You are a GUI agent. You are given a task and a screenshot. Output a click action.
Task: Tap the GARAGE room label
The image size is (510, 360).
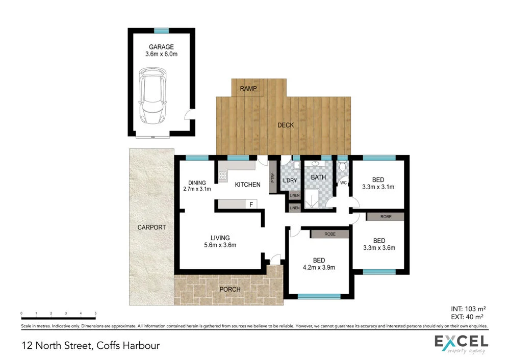click(x=161, y=47)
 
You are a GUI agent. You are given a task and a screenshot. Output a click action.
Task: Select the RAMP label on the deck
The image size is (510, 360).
click(x=248, y=89)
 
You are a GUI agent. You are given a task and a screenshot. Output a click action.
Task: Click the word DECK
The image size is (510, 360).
click(x=286, y=125)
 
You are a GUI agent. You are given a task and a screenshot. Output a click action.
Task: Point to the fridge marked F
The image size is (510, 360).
click(x=251, y=204)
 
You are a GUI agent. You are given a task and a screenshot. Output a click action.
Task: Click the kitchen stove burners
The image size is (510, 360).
click(x=223, y=176)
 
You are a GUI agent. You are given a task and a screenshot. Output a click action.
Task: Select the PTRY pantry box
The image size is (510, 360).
click(x=273, y=178)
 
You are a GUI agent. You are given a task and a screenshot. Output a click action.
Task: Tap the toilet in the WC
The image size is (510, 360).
click(x=343, y=167)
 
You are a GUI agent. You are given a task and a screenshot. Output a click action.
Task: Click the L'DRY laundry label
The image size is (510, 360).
click(x=290, y=181)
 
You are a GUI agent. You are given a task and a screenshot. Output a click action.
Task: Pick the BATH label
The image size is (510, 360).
click(x=318, y=177)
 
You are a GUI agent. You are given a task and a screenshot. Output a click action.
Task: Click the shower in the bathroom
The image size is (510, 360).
click(x=312, y=199)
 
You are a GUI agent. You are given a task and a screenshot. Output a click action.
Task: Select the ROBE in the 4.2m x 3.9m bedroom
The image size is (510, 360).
click(x=330, y=234)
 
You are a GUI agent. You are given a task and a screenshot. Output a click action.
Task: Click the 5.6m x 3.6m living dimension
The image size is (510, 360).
click(x=221, y=245)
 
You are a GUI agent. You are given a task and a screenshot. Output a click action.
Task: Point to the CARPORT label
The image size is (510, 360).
click(x=152, y=227)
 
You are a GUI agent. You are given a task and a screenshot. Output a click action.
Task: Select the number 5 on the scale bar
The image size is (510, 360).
click(x=95, y=313)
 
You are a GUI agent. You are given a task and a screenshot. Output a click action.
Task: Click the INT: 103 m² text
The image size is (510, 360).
click(x=467, y=308)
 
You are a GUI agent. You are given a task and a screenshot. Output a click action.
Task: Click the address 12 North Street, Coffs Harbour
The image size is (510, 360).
click(x=91, y=345)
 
